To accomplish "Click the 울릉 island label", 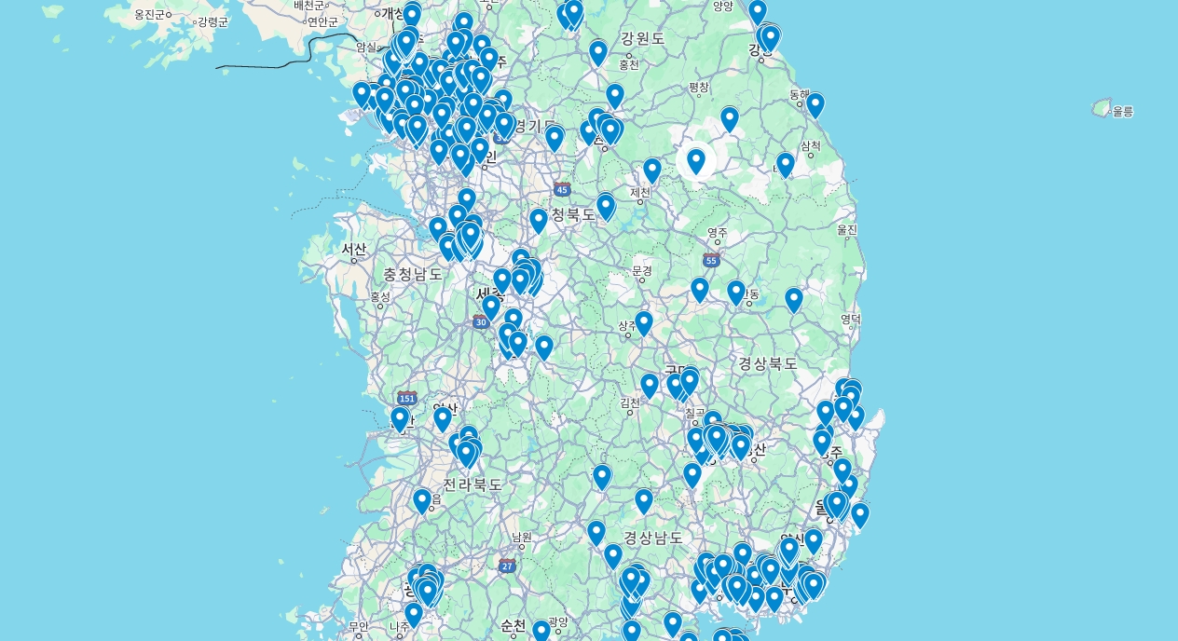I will click(1122, 112).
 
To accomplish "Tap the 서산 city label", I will click(354, 250).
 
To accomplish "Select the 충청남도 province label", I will click(413, 274).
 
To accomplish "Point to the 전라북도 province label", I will click(473, 484).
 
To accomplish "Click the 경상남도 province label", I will click(653, 538).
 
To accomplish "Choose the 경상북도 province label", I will click(768, 363).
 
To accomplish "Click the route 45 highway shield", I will click(562, 189).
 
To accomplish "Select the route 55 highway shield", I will click(711, 260).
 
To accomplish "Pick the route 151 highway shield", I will click(406, 398).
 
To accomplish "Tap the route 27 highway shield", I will click(507, 566).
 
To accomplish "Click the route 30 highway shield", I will click(480, 322).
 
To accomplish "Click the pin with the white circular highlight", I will click(696, 161).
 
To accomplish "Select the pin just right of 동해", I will click(815, 104).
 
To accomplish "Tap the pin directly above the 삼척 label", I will click(786, 164).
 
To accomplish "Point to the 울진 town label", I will click(846, 229).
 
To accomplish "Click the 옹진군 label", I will click(149, 15).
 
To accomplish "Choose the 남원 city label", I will click(522, 537).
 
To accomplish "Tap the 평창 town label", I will click(699, 88).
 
